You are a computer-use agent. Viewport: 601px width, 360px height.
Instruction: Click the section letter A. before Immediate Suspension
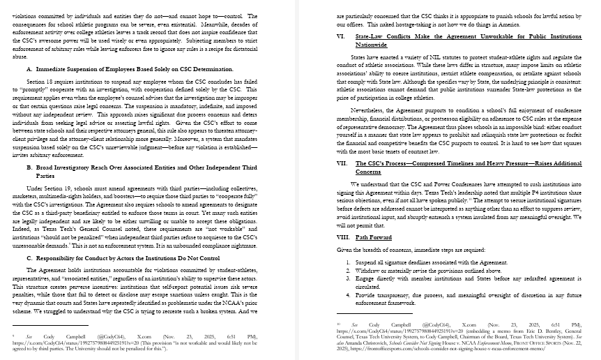tap(29, 70)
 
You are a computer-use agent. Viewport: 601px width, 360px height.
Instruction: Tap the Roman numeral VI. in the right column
tap(340, 35)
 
